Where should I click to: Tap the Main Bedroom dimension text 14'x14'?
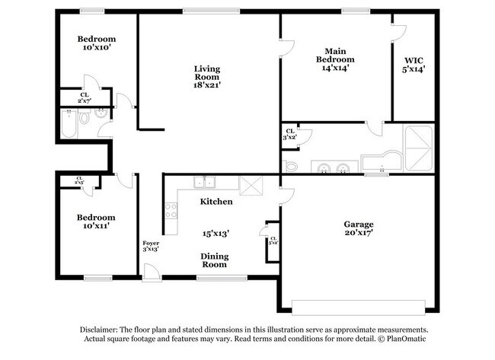335,68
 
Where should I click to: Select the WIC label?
413,59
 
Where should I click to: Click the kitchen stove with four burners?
171,210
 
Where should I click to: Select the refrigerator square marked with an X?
249,185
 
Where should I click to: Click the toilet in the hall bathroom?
85,119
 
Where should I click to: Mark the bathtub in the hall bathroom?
68,123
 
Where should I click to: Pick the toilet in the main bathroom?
291,165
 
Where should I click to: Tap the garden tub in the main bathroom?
378,162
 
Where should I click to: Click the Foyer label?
151,244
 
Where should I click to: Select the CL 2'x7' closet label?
85,97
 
